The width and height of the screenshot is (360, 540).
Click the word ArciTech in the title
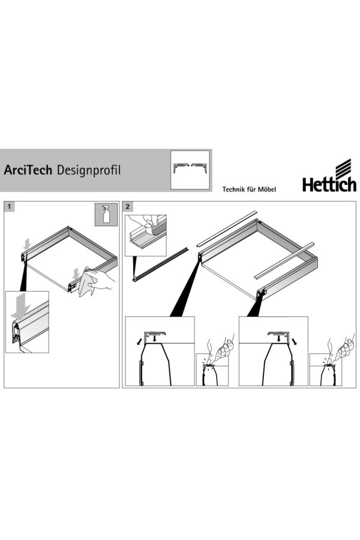pos(28,170)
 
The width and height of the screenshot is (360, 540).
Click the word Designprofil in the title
pos(89,170)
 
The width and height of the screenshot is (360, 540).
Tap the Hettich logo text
pos(329,184)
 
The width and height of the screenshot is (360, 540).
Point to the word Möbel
pos(268,189)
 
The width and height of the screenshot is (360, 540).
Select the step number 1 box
pos(10,206)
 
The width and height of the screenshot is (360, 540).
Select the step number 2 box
pos(128,206)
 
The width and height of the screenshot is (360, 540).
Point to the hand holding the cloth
pos(101,278)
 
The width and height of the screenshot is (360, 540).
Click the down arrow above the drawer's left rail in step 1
pos(27,245)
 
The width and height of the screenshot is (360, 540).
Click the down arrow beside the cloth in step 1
pos(76,274)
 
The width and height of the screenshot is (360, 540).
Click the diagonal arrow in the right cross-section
pos(295,341)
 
